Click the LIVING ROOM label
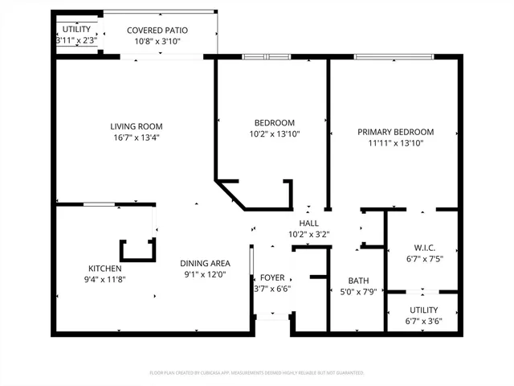pos(137,126)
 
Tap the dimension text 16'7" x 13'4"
pos(137,138)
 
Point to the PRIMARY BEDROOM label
pos(395,132)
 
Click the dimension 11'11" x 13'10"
pos(395,143)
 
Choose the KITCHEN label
pos(105,269)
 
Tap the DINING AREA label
pos(206,263)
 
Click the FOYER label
pos(272,277)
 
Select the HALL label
pos(308,224)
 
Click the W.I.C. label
pos(424,248)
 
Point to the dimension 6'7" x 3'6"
pos(424,321)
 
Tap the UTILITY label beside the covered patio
pos(77,30)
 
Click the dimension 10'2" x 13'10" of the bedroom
pos(274,134)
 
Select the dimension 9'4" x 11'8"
pos(105,280)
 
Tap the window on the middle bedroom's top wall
pos(259,56)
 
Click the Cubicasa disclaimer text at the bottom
pos(257,373)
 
